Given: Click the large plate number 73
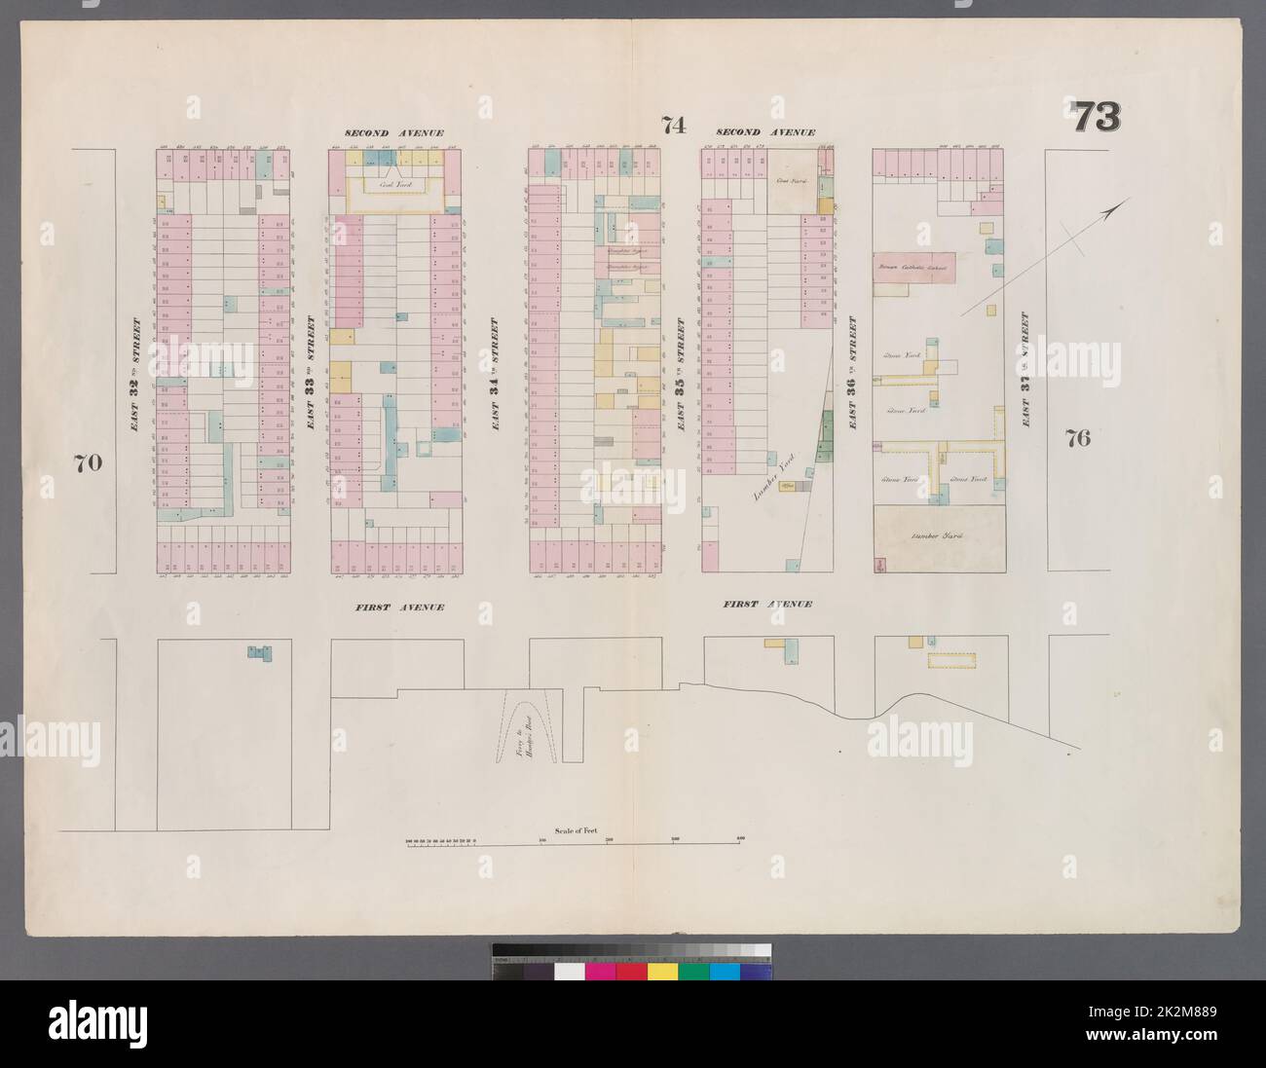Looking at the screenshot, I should pyautogui.click(x=1097, y=118).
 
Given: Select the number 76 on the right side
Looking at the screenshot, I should pyautogui.click(x=1077, y=437).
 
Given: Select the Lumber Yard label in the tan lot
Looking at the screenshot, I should pyautogui.click(x=936, y=536).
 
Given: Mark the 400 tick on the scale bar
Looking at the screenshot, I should pyautogui.click(x=740, y=839).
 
